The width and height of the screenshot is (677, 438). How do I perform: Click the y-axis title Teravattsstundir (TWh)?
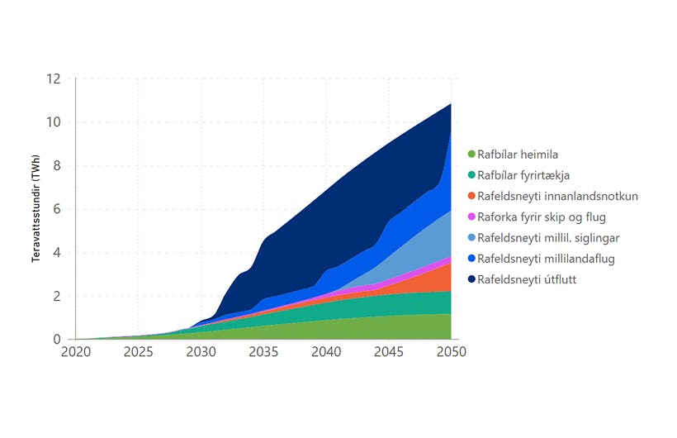36,209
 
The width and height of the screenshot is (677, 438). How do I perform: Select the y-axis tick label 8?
56,166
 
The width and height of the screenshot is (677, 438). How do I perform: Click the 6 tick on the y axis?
56,210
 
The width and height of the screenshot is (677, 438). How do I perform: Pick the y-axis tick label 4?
56,253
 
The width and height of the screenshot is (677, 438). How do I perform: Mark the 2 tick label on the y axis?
56,297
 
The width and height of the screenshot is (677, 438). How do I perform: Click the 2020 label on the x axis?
75,352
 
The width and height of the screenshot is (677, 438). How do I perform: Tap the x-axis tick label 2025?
138,352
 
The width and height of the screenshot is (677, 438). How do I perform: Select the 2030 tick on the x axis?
201,352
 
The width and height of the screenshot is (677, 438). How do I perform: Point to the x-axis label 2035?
263,352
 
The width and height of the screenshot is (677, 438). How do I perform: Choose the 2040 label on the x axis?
326,352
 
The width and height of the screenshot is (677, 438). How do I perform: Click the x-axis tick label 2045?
389,352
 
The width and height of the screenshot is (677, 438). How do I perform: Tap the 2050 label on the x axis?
451,352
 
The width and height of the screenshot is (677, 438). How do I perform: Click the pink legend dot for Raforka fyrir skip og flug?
471,217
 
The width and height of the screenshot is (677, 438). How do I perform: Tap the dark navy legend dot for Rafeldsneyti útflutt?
471,279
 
